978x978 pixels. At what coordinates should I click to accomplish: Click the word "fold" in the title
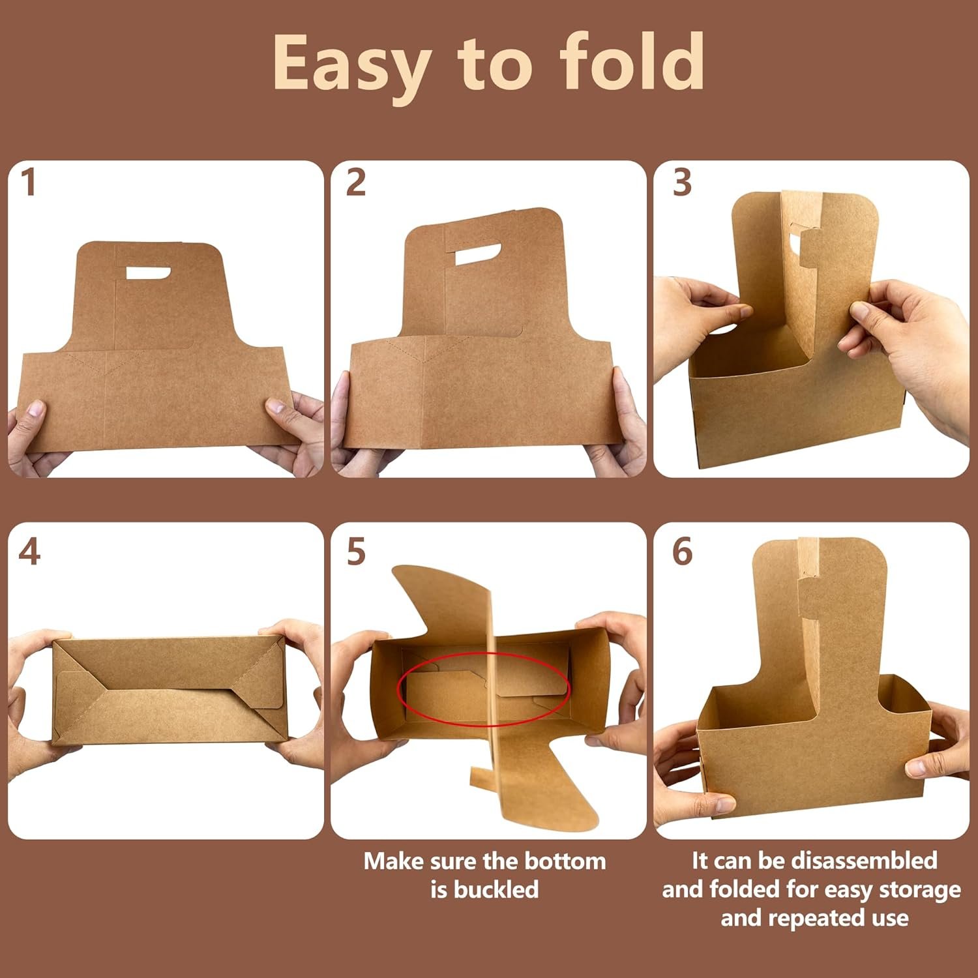click(x=631, y=62)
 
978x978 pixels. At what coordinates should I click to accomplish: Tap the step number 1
click(x=28, y=183)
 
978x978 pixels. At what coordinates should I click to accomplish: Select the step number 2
click(x=355, y=183)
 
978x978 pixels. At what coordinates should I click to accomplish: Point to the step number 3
click(x=682, y=183)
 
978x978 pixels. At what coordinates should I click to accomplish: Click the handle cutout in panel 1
click(x=148, y=273)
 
